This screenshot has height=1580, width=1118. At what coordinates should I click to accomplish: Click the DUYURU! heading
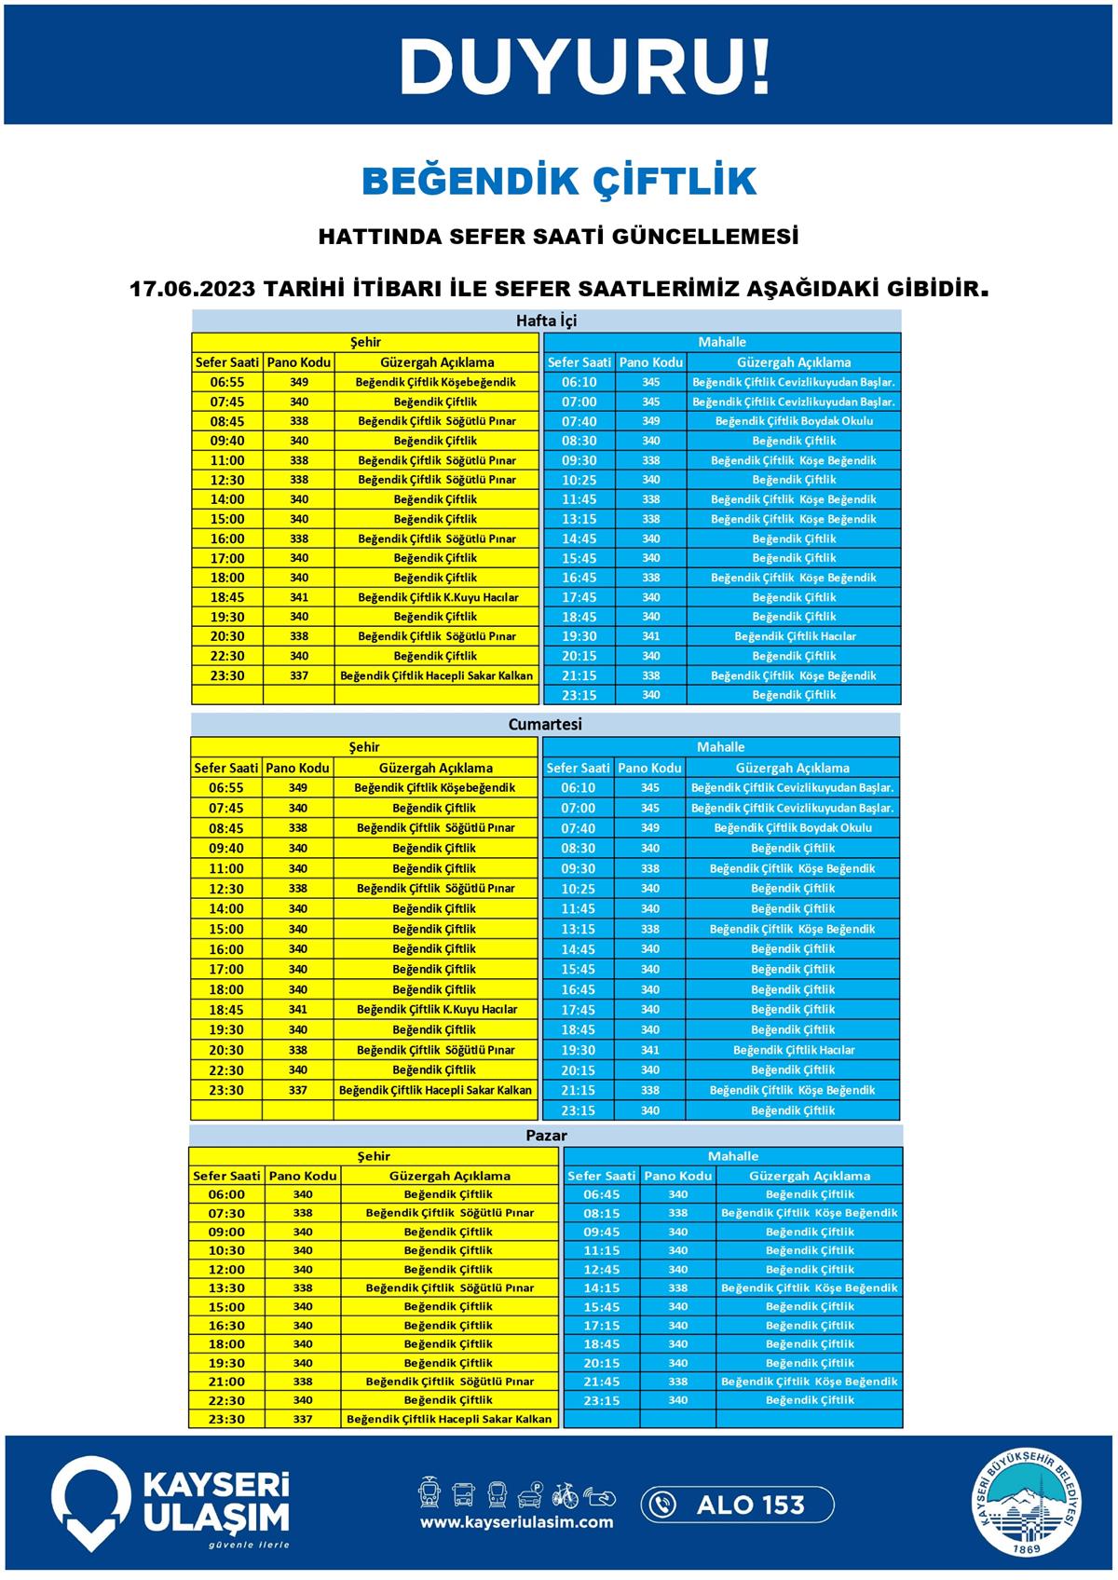pos(584,66)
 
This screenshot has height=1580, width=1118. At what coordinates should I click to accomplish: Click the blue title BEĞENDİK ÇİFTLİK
pos(559,181)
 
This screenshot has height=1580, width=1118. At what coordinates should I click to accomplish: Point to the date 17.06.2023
pos(192,288)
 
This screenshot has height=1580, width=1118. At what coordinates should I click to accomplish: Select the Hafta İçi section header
pos(547,320)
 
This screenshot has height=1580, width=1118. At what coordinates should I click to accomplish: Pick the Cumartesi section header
pos(545,724)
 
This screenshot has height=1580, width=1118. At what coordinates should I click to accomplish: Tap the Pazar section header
pos(546,1136)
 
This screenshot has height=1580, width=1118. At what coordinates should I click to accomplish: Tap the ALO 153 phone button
pos(737,1505)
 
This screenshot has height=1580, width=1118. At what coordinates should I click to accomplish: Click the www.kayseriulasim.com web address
pos(516,1522)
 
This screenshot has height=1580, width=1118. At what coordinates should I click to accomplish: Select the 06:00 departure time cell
pos(226,1194)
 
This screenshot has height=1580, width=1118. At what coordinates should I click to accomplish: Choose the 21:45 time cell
pos(601,1382)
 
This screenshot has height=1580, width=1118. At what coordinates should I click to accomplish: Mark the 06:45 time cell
pos(601,1194)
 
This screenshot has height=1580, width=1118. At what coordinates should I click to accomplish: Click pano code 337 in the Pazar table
pos(303,1419)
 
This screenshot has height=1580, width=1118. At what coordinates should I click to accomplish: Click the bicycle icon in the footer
pos(566,1494)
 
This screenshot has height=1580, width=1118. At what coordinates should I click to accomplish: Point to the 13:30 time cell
pos(226,1287)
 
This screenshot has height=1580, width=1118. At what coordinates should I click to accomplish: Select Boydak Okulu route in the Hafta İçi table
pos(794,421)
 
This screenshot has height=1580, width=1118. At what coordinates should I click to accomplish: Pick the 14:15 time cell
pos(601,1287)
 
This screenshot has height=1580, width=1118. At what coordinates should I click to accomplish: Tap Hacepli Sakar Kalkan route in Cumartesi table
pos(435,1090)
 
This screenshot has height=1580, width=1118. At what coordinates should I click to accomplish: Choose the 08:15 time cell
pos(601,1213)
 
